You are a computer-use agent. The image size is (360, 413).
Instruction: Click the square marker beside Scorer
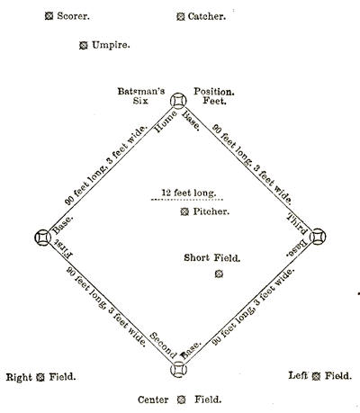[x=49, y=16]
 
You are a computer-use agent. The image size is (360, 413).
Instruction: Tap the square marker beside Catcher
[x=180, y=16]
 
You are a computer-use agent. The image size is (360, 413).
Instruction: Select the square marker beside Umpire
[x=84, y=45]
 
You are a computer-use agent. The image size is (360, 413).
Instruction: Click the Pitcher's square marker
[x=184, y=211]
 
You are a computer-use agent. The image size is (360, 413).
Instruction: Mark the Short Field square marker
[x=219, y=274]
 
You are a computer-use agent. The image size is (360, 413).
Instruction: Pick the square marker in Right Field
[x=40, y=377]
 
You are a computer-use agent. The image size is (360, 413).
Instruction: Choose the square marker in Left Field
[x=316, y=376]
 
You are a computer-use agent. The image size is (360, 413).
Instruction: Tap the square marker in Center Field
[x=181, y=400]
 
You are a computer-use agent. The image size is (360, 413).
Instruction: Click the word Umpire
[x=111, y=45]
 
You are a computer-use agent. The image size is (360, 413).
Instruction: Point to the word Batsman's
[x=141, y=91]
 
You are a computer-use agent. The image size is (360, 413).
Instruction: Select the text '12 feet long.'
[x=189, y=193]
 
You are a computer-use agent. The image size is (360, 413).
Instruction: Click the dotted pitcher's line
[x=186, y=200]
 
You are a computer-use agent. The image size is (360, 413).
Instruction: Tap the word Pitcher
[x=211, y=211]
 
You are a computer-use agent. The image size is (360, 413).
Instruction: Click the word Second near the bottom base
[x=163, y=346]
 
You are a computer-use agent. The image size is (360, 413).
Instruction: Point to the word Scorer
[x=74, y=16]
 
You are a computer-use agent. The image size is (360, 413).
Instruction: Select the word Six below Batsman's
[x=140, y=101]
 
